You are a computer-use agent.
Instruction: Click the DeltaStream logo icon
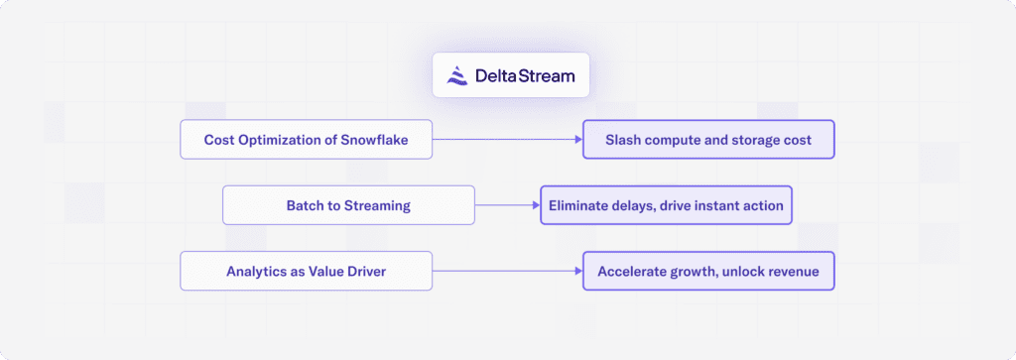click(457, 75)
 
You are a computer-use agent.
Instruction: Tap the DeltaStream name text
click(524, 75)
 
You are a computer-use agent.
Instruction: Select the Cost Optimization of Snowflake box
click(307, 140)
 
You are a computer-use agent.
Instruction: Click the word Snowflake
click(372, 140)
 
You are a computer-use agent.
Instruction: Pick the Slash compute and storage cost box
click(708, 140)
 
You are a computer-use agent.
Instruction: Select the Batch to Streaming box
click(348, 205)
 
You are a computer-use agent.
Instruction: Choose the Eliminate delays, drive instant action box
click(666, 205)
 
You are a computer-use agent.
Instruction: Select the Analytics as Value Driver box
click(307, 271)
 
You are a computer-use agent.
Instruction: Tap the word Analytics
click(256, 271)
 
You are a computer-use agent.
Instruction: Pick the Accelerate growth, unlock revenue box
click(708, 271)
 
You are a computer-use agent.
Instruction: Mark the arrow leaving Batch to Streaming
click(507, 205)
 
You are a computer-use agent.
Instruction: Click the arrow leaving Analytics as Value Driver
click(507, 271)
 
